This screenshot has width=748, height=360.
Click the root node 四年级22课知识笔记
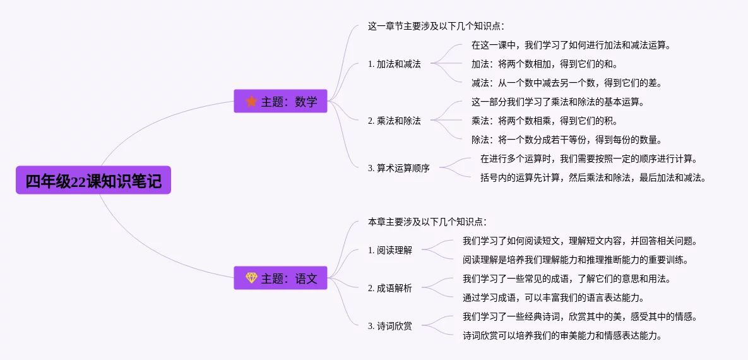coord(93,181)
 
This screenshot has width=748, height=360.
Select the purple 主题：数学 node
coord(280,101)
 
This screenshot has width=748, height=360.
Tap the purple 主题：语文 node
coord(280,278)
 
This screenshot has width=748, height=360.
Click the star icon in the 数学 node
coord(251,101)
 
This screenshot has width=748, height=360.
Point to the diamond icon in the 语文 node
coord(251,278)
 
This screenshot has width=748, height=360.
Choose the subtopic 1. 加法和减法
coord(394,64)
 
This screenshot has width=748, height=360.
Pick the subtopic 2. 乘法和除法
coord(394,121)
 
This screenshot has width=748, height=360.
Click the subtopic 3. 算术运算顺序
coord(398,168)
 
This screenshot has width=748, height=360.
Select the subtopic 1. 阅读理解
coord(389,250)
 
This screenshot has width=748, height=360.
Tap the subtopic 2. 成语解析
coord(389,288)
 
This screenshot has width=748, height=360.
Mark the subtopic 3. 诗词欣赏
coord(389,326)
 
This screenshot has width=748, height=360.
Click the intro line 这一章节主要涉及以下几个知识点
coord(436,26)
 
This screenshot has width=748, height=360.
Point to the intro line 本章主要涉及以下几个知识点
coord(427,222)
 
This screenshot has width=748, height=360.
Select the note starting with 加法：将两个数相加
coord(544,64)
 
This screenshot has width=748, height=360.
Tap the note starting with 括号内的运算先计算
coord(593,177)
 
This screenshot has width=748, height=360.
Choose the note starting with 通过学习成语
coord(562,297)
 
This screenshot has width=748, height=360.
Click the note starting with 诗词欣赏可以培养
coord(562,335)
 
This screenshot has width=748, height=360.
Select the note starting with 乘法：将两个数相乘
coord(544,121)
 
